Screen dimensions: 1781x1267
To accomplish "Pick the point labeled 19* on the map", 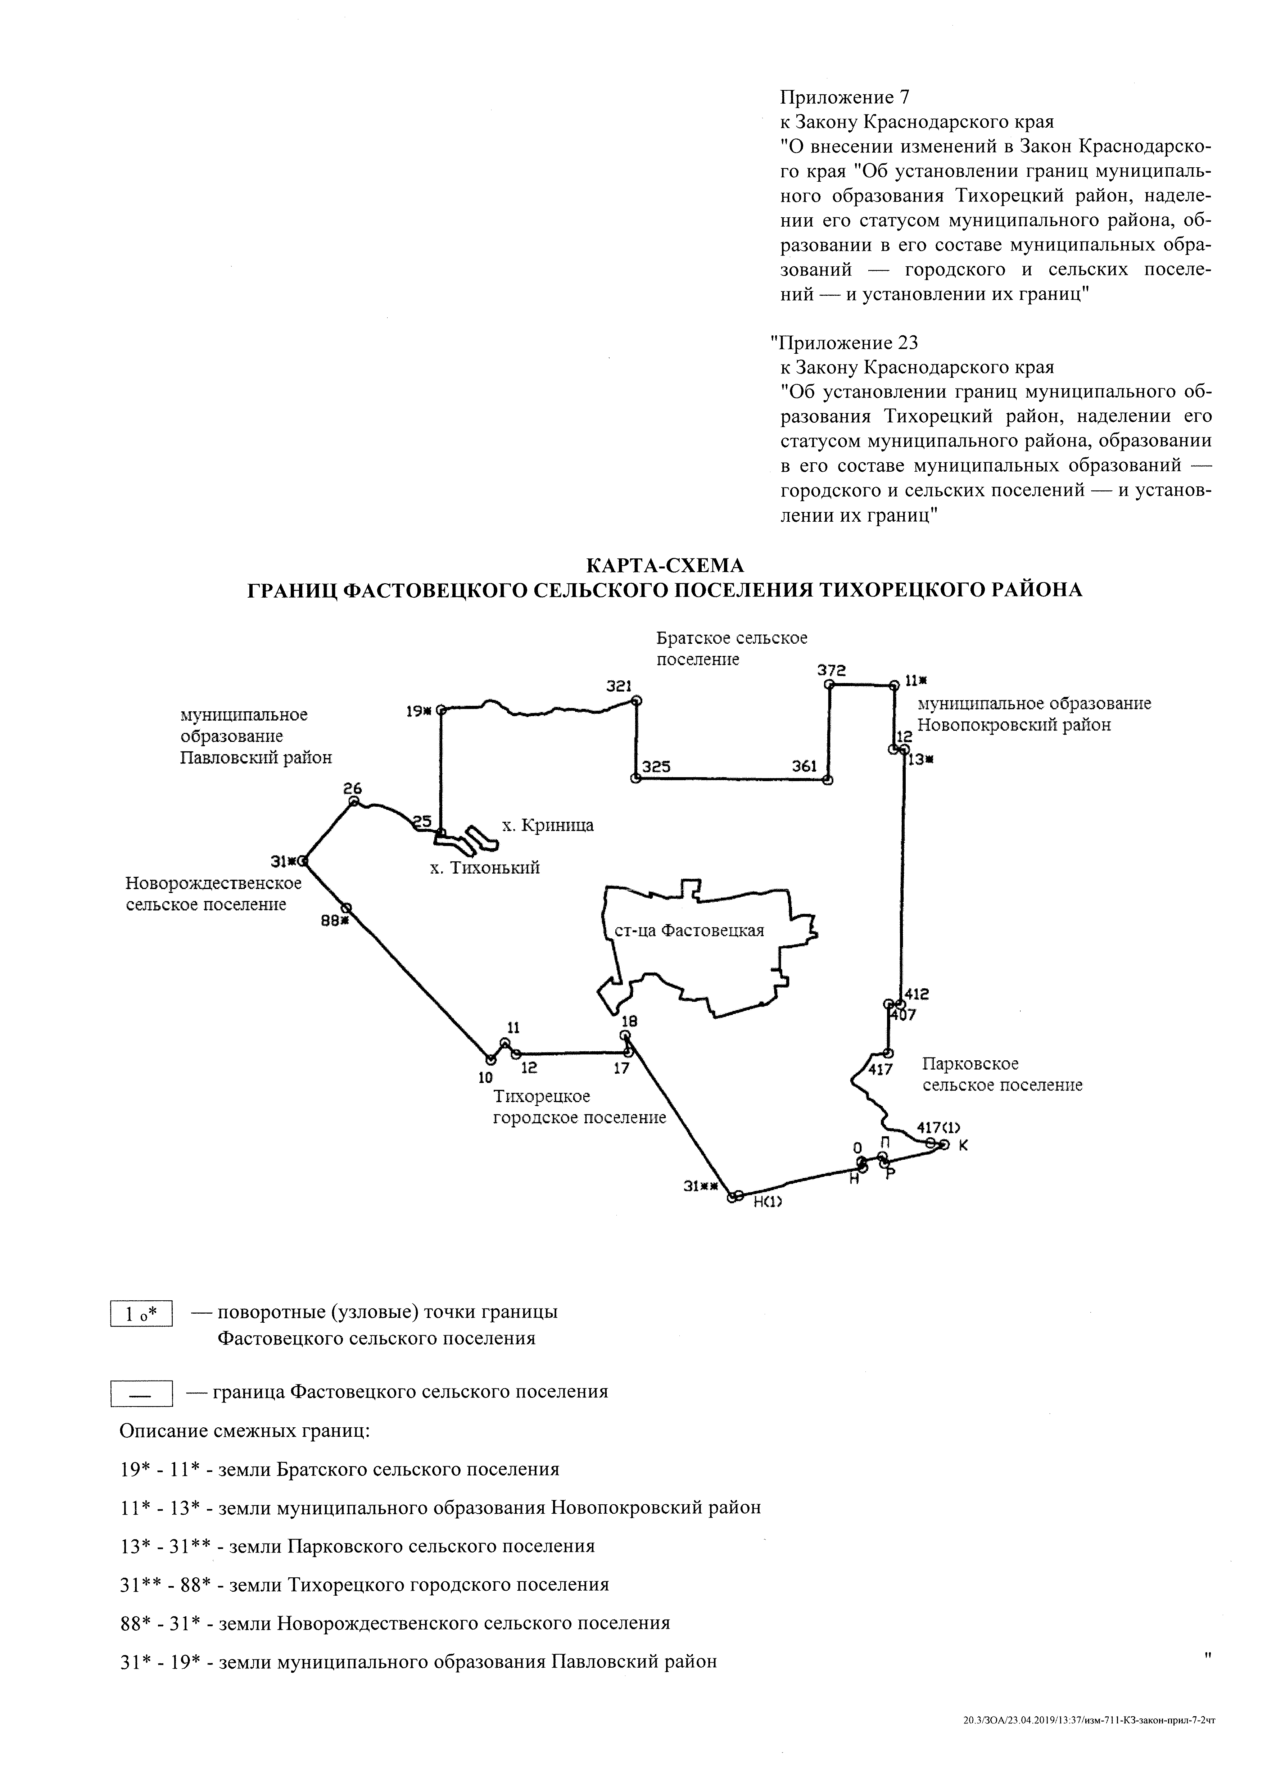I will (x=441, y=710).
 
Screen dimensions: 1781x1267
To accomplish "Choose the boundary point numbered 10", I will (x=491, y=1059).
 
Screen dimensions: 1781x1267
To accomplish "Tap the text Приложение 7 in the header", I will (x=845, y=98).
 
